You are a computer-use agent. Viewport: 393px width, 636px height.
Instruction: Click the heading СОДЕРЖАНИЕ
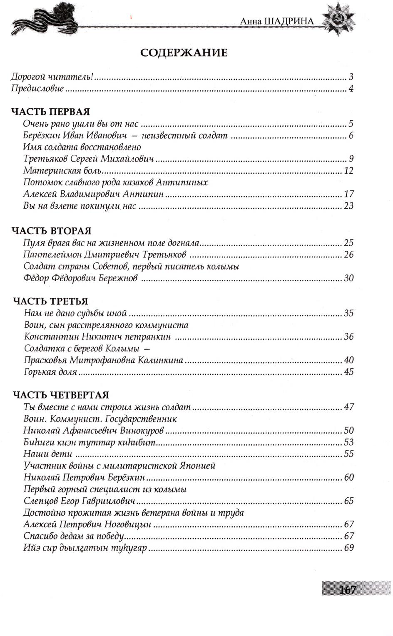coord(184,53)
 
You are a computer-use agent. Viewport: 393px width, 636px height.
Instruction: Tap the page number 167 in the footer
coord(348,590)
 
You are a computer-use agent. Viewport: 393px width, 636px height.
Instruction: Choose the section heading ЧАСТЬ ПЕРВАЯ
coord(50,112)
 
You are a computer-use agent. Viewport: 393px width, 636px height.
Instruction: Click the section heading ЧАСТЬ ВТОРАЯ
coord(51,231)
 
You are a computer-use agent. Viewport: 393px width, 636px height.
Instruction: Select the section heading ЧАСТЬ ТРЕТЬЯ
coord(50,301)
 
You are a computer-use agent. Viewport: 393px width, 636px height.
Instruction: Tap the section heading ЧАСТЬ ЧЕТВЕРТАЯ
coord(60,395)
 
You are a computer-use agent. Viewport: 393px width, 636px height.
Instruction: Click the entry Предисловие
coord(37,88)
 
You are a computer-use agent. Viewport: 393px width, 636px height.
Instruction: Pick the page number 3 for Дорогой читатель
coord(351,77)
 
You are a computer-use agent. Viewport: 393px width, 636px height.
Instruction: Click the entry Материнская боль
coord(63,170)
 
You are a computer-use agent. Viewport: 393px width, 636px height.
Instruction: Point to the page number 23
coord(348,206)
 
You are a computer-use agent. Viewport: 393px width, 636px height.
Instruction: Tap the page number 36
coord(348,337)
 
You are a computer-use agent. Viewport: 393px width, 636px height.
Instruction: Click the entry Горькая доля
coord(50,372)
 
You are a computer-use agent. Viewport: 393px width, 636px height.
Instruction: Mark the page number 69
coord(348,548)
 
